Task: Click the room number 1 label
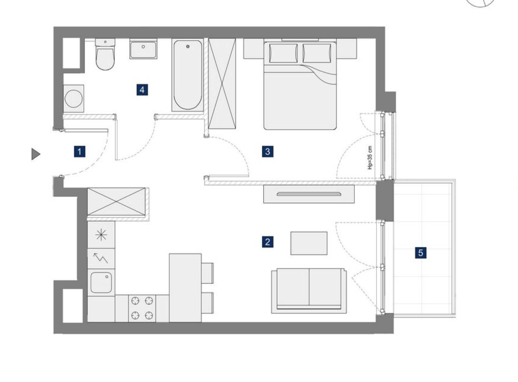(79, 152)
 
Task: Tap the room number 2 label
(267, 242)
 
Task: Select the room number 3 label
(267, 151)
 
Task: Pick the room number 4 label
(142, 90)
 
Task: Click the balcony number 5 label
(421, 253)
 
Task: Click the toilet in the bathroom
(105, 54)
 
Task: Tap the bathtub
(188, 75)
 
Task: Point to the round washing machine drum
(73, 99)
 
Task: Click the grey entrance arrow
(36, 154)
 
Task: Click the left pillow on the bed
(283, 53)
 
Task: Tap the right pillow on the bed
(317, 53)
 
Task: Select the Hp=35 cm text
(370, 157)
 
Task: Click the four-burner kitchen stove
(142, 308)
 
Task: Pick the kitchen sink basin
(101, 283)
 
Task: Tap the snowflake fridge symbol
(101, 235)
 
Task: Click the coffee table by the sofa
(309, 243)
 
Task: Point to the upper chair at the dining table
(208, 273)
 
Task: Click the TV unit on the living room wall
(309, 194)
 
